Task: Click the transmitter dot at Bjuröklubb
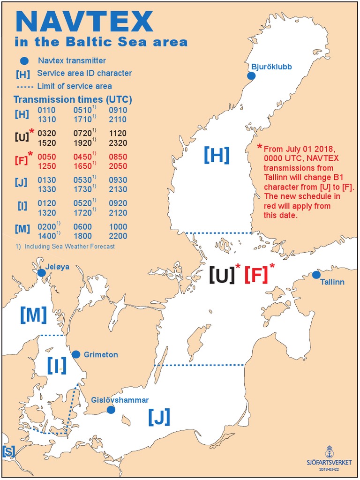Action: point(251,75)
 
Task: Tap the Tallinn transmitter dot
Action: point(316,275)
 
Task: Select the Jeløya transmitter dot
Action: point(42,273)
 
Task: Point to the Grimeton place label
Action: point(101,355)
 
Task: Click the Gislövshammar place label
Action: point(120,400)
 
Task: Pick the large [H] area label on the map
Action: point(216,155)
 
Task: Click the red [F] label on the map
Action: point(256,275)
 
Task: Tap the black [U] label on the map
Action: point(222,275)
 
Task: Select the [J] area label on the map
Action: point(158,416)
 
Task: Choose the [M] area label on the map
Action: point(33,315)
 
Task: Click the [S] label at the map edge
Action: point(8,451)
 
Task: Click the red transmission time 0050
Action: point(46,157)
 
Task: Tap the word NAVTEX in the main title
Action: point(84,21)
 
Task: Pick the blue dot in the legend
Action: point(25,60)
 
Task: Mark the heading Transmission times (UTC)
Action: point(73,99)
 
